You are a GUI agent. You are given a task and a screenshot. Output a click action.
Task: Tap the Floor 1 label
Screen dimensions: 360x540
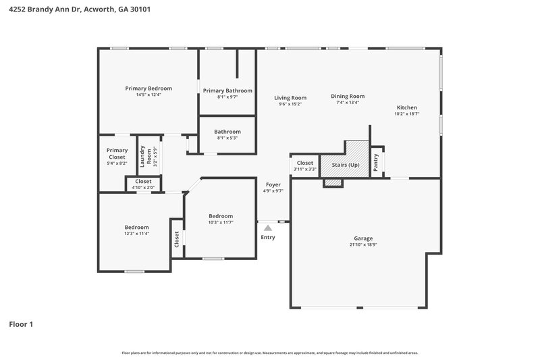(x=21, y=324)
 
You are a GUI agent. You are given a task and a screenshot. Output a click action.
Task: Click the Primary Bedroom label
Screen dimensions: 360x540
(x=148, y=88)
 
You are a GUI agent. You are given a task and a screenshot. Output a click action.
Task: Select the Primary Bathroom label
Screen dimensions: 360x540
(x=227, y=91)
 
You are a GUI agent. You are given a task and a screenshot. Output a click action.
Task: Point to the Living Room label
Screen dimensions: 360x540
(x=290, y=98)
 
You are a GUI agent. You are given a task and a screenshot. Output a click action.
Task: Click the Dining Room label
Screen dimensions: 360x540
(x=348, y=96)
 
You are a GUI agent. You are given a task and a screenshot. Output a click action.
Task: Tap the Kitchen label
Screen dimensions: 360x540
(x=406, y=107)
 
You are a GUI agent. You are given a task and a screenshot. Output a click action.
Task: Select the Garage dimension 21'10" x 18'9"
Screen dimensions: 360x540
(x=363, y=245)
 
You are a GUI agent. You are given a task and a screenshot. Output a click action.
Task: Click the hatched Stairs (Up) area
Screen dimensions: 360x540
(x=344, y=164)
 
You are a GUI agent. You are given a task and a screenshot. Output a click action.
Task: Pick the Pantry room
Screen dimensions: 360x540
(x=377, y=162)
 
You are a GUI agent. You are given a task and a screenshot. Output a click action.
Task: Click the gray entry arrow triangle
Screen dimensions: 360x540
(x=268, y=228)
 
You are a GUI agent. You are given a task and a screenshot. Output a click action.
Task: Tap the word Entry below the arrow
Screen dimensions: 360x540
(x=268, y=237)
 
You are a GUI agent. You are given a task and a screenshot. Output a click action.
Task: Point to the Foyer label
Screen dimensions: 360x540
(x=273, y=184)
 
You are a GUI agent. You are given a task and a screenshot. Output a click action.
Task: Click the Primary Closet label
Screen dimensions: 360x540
(x=117, y=153)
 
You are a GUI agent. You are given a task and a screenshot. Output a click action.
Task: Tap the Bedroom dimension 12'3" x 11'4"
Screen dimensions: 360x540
(x=136, y=234)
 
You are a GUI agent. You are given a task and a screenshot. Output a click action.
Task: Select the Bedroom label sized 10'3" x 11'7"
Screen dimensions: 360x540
(x=220, y=216)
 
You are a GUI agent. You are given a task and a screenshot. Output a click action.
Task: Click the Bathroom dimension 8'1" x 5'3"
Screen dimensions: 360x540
(x=227, y=138)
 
